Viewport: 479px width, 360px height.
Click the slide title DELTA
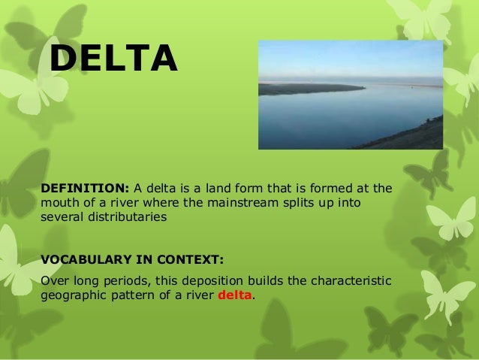113,59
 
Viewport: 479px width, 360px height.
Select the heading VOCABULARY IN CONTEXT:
131,260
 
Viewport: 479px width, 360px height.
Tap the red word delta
235,295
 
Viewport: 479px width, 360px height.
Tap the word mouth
59,202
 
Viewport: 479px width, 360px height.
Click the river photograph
350,95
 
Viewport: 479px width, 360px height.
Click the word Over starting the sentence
52,281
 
